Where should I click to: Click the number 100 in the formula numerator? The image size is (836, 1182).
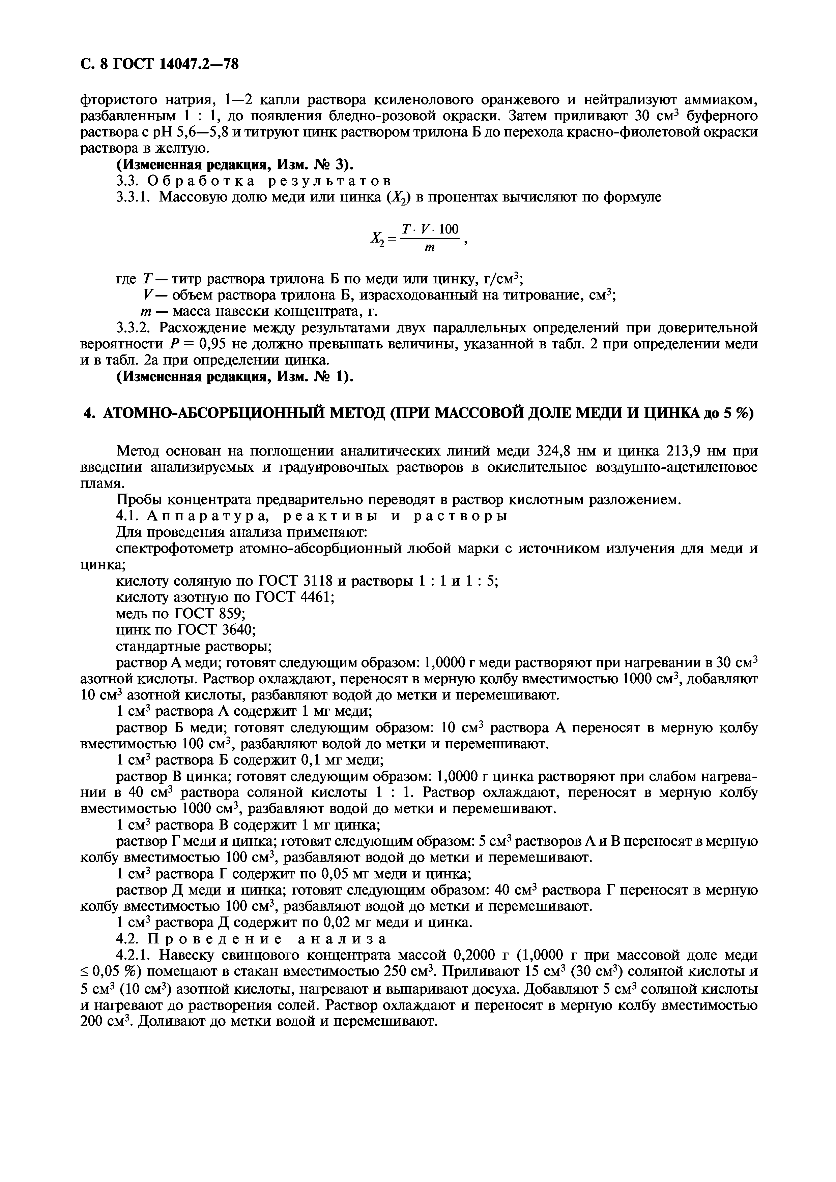tap(448, 229)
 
